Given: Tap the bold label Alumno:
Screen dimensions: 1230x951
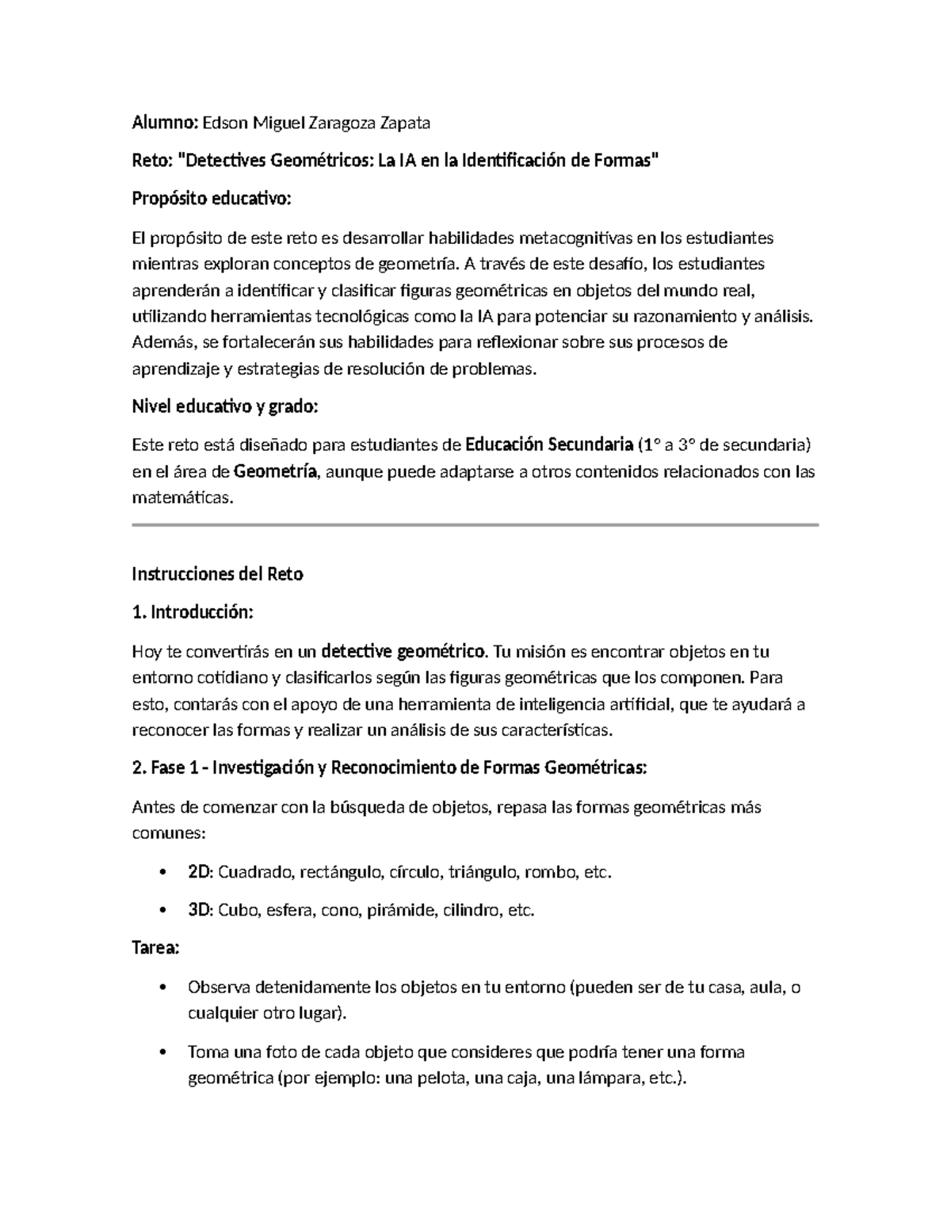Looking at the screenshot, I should click(x=164, y=123).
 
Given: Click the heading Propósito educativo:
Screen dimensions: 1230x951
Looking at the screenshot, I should click(x=212, y=200).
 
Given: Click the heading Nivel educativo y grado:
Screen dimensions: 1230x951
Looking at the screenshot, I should click(x=224, y=407).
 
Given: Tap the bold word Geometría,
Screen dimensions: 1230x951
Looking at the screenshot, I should click(x=276, y=472).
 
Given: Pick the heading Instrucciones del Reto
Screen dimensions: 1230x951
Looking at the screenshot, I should click(x=217, y=574).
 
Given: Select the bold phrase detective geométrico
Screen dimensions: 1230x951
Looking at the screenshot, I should click(x=403, y=652).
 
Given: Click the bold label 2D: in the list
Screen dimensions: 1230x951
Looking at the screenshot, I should click(x=201, y=873).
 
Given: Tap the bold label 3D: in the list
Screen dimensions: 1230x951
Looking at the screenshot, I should click(x=201, y=911).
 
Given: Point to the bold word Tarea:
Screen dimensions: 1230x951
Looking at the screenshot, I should click(x=155, y=948).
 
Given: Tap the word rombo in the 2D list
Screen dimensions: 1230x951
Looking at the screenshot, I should click(x=553, y=873).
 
